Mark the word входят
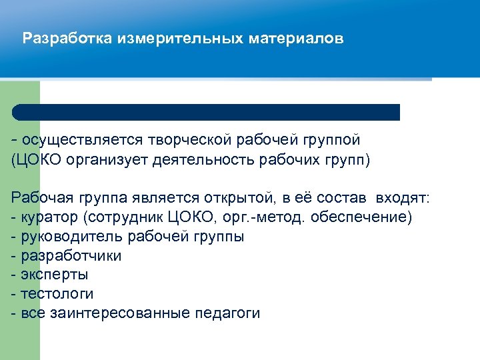(x=403, y=198)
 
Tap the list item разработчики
(x=71, y=256)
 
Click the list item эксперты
(x=55, y=275)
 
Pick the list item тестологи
(x=57, y=294)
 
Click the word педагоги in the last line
(x=227, y=313)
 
